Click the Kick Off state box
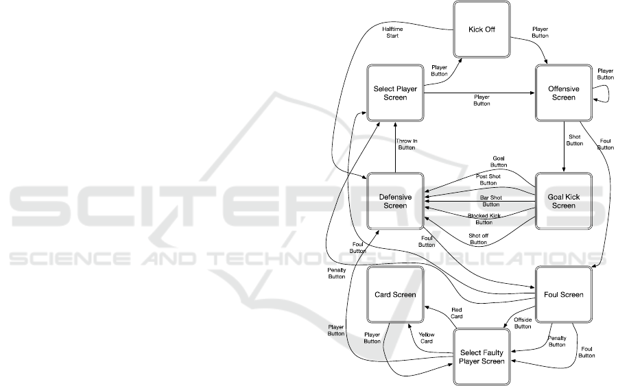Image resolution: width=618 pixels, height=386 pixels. [483, 30]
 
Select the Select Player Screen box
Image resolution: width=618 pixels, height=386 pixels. [394, 93]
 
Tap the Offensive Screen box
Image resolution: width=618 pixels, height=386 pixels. [564, 93]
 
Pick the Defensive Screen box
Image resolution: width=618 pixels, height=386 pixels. [394, 201]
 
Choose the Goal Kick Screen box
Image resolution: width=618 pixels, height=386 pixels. [564, 201]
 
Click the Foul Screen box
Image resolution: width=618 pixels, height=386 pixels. [564, 295]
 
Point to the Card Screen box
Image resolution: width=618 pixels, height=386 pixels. [394, 295]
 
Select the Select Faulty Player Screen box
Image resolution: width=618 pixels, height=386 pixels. [483, 357]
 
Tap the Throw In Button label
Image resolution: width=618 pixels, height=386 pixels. [406, 144]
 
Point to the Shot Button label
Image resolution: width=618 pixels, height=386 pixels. [575, 140]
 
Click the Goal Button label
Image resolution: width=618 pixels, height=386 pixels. [499, 161]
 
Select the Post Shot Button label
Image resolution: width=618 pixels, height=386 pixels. [488, 180]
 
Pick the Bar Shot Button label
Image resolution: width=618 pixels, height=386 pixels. [490, 201]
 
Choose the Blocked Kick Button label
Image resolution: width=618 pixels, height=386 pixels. [484, 219]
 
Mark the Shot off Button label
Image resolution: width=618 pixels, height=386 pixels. [478, 239]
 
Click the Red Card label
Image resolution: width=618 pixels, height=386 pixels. [457, 313]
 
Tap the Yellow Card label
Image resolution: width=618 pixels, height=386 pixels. [426, 337]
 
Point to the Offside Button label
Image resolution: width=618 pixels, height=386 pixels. [523, 323]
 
